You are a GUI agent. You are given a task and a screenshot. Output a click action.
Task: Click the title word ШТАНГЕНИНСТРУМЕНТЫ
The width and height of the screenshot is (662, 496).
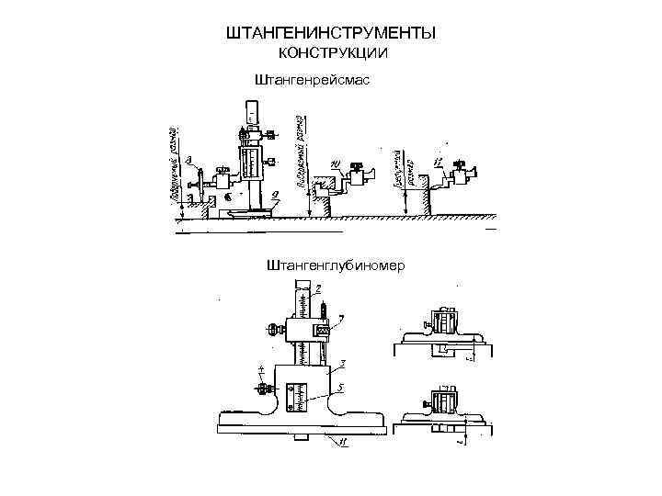coord(330,34)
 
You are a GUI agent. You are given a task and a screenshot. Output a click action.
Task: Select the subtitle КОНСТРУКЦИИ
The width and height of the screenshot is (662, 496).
coord(331,54)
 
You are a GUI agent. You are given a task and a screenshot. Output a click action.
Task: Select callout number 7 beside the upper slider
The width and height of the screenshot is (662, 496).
coord(341,318)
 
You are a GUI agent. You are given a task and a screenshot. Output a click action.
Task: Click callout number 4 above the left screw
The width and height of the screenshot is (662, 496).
coord(261,368)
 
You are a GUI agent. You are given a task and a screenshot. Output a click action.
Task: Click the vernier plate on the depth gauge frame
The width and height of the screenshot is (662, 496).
coord(296,395)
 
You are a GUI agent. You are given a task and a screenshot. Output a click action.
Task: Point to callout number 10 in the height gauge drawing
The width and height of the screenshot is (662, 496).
coord(334,165)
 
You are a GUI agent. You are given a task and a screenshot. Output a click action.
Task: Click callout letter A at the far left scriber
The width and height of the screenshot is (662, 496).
coord(188,161)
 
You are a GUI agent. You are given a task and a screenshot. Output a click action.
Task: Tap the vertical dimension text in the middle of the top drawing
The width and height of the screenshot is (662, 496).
coord(301,151)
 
